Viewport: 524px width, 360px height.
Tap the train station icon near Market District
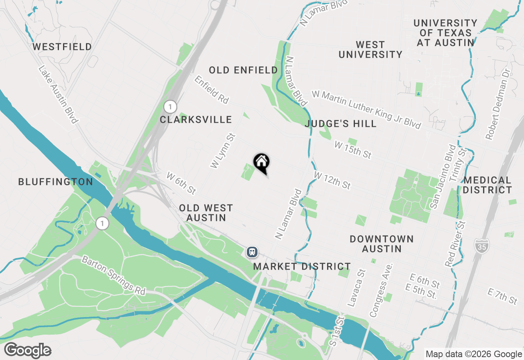tap(252, 252)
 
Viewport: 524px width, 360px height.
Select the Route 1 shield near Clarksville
tap(170, 107)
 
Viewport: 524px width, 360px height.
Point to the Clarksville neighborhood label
tap(196, 119)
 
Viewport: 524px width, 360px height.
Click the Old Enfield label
tap(243, 70)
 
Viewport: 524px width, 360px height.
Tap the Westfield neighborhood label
tap(62, 47)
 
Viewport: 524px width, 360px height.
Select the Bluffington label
tap(56, 182)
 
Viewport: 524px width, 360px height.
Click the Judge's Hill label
tap(341, 124)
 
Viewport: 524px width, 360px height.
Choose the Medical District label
tap(487, 185)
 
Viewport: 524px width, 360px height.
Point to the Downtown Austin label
tap(382, 243)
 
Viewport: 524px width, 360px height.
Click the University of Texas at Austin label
tap(445, 33)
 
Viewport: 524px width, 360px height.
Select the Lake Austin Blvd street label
tap(58, 94)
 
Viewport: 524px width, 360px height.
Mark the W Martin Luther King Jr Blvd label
tap(366, 109)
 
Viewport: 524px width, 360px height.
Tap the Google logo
tap(28, 351)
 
